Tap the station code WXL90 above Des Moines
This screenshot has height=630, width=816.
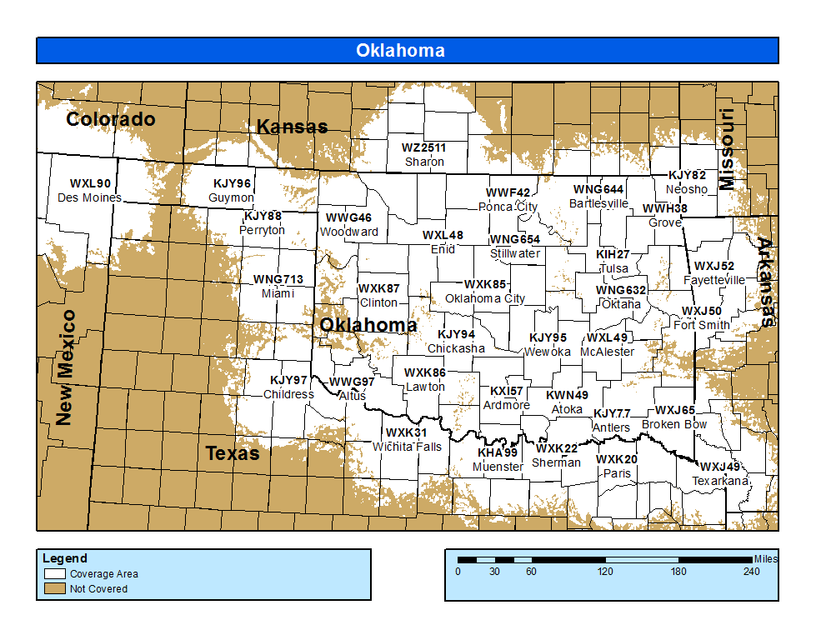click(x=91, y=183)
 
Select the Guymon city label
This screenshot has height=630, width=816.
click(x=231, y=197)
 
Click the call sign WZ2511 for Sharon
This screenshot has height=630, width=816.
click(x=423, y=147)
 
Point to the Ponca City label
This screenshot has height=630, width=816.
click(x=508, y=207)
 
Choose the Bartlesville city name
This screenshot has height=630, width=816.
click(x=598, y=203)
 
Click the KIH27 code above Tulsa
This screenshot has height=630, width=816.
click(x=613, y=254)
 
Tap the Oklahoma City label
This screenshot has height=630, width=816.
click(x=485, y=298)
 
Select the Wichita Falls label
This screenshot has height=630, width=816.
click(x=407, y=447)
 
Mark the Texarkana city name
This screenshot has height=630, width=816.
click(x=720, y=481)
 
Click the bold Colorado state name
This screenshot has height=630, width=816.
click(x=111, y=119)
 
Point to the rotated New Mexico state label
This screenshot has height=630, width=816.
click(x=66, y=367)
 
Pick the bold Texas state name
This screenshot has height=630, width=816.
click(x=233, y=454)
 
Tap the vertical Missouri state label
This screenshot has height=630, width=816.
click(x=727, y=149)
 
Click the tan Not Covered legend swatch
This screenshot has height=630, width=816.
click(x=55, y=588)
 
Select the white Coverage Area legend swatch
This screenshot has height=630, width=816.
click(x=55, y=574)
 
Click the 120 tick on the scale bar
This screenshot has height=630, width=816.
click(x=605, y=572)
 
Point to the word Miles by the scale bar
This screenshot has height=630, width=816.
click(x=765, y=558)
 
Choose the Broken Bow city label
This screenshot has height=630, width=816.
click(x=674, y=424)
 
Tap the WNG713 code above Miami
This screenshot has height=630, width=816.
click(x=278, y=280)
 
